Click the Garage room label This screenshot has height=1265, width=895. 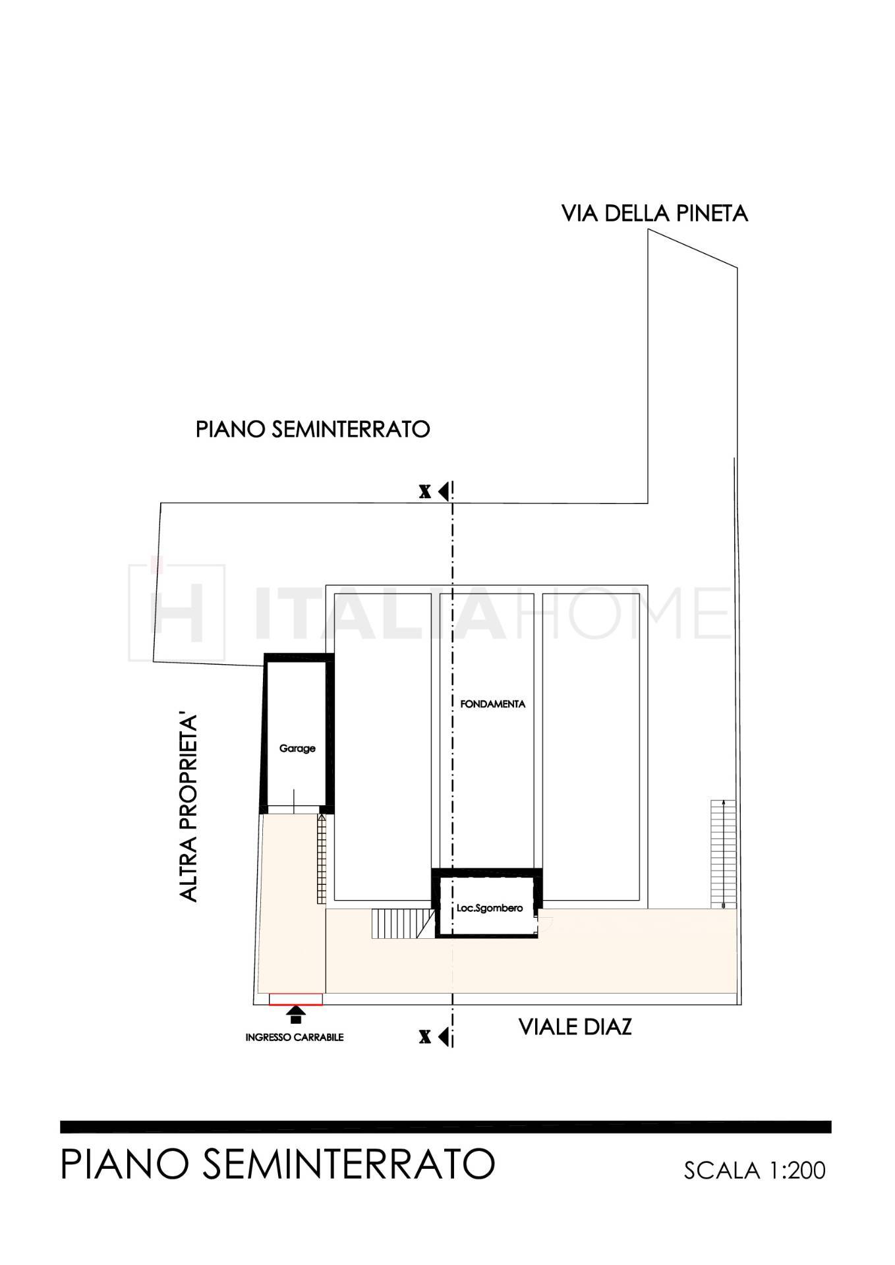tap(297, 748)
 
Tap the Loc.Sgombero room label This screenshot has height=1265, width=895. tap(489, 908)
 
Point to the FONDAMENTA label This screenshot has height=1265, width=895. tap(492, 704)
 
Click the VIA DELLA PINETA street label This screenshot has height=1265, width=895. tap(654, 213)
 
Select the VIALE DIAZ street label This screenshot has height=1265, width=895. tap(575, 1026)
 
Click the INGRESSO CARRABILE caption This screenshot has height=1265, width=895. tap(295, 1037)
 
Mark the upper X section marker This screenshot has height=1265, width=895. tap(435, 491)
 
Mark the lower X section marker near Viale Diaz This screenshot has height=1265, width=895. tap(435, 1036)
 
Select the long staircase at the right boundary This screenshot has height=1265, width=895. tap(723, 854)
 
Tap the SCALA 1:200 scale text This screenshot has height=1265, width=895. tap(755, 1171)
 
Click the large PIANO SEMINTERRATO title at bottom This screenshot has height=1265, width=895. tap(277, 1164)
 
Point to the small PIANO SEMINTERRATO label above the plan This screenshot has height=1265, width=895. tap(313, 430)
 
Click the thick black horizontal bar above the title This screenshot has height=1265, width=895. tap(446, 1127)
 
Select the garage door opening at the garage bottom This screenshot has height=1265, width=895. tap(293, 810)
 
